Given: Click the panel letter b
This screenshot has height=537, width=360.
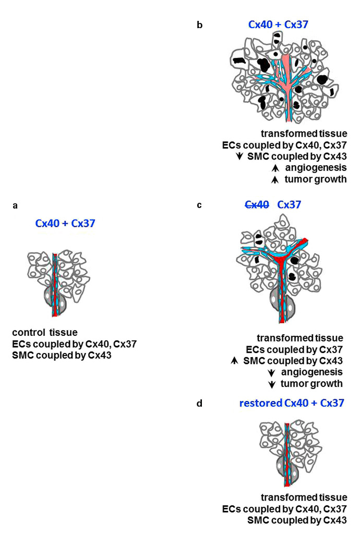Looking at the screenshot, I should point(200,25).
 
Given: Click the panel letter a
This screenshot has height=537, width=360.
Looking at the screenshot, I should point(15,205).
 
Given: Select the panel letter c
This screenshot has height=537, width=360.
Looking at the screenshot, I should point(199,205).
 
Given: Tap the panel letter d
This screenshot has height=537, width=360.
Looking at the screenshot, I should point(199,403).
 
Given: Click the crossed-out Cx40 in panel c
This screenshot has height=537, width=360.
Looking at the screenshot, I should point(257,205).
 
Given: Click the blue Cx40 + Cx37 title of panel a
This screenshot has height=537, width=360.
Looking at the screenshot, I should point(65,224).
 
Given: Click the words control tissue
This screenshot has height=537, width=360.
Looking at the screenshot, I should point(45,332).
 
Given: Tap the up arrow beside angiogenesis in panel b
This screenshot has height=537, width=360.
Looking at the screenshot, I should point(272,168).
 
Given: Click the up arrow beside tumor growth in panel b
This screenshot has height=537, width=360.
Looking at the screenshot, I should point(272,179).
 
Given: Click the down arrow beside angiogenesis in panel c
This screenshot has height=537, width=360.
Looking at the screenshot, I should point(272,372).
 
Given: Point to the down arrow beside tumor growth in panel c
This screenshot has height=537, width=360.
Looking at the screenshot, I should point(272,384).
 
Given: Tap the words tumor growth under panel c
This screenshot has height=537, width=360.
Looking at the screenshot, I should point(312,384).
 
